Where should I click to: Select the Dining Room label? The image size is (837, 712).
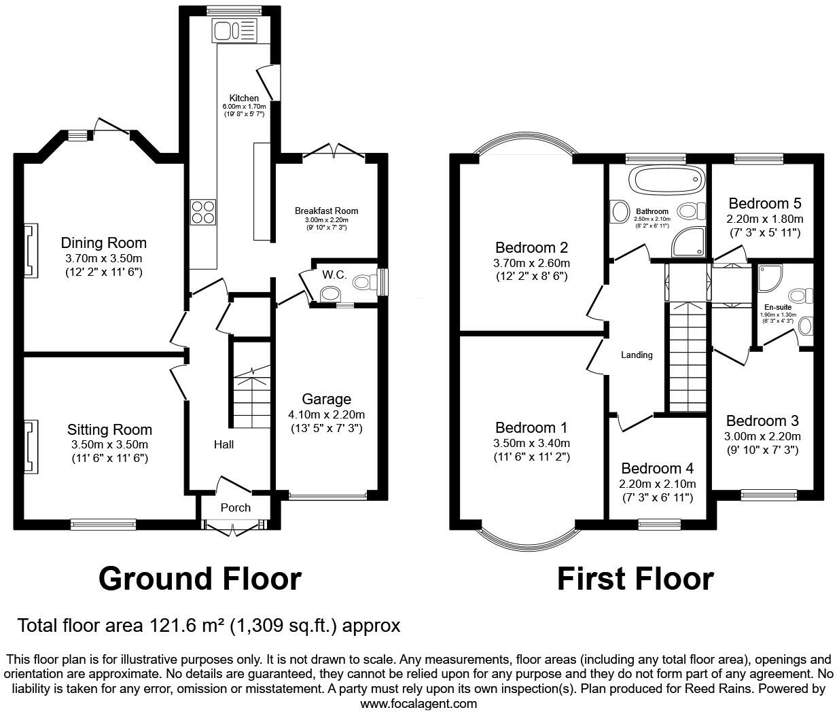103,243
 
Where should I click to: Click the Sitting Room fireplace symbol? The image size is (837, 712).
29,447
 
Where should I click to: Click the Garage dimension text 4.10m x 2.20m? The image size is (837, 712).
326,414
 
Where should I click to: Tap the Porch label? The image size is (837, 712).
236,508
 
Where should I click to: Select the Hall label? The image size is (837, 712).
224,444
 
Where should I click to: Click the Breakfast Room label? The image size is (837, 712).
326,211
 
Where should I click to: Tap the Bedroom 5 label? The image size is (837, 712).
765,203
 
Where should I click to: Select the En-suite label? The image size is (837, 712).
778,307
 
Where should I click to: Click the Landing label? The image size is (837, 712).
637,355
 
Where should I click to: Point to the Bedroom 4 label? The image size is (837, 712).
657,468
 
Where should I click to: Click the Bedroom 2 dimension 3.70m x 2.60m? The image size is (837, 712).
531,263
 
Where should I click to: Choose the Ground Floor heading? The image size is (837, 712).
200,579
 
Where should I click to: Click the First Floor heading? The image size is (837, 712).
635,579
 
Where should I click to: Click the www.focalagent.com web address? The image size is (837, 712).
418,703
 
